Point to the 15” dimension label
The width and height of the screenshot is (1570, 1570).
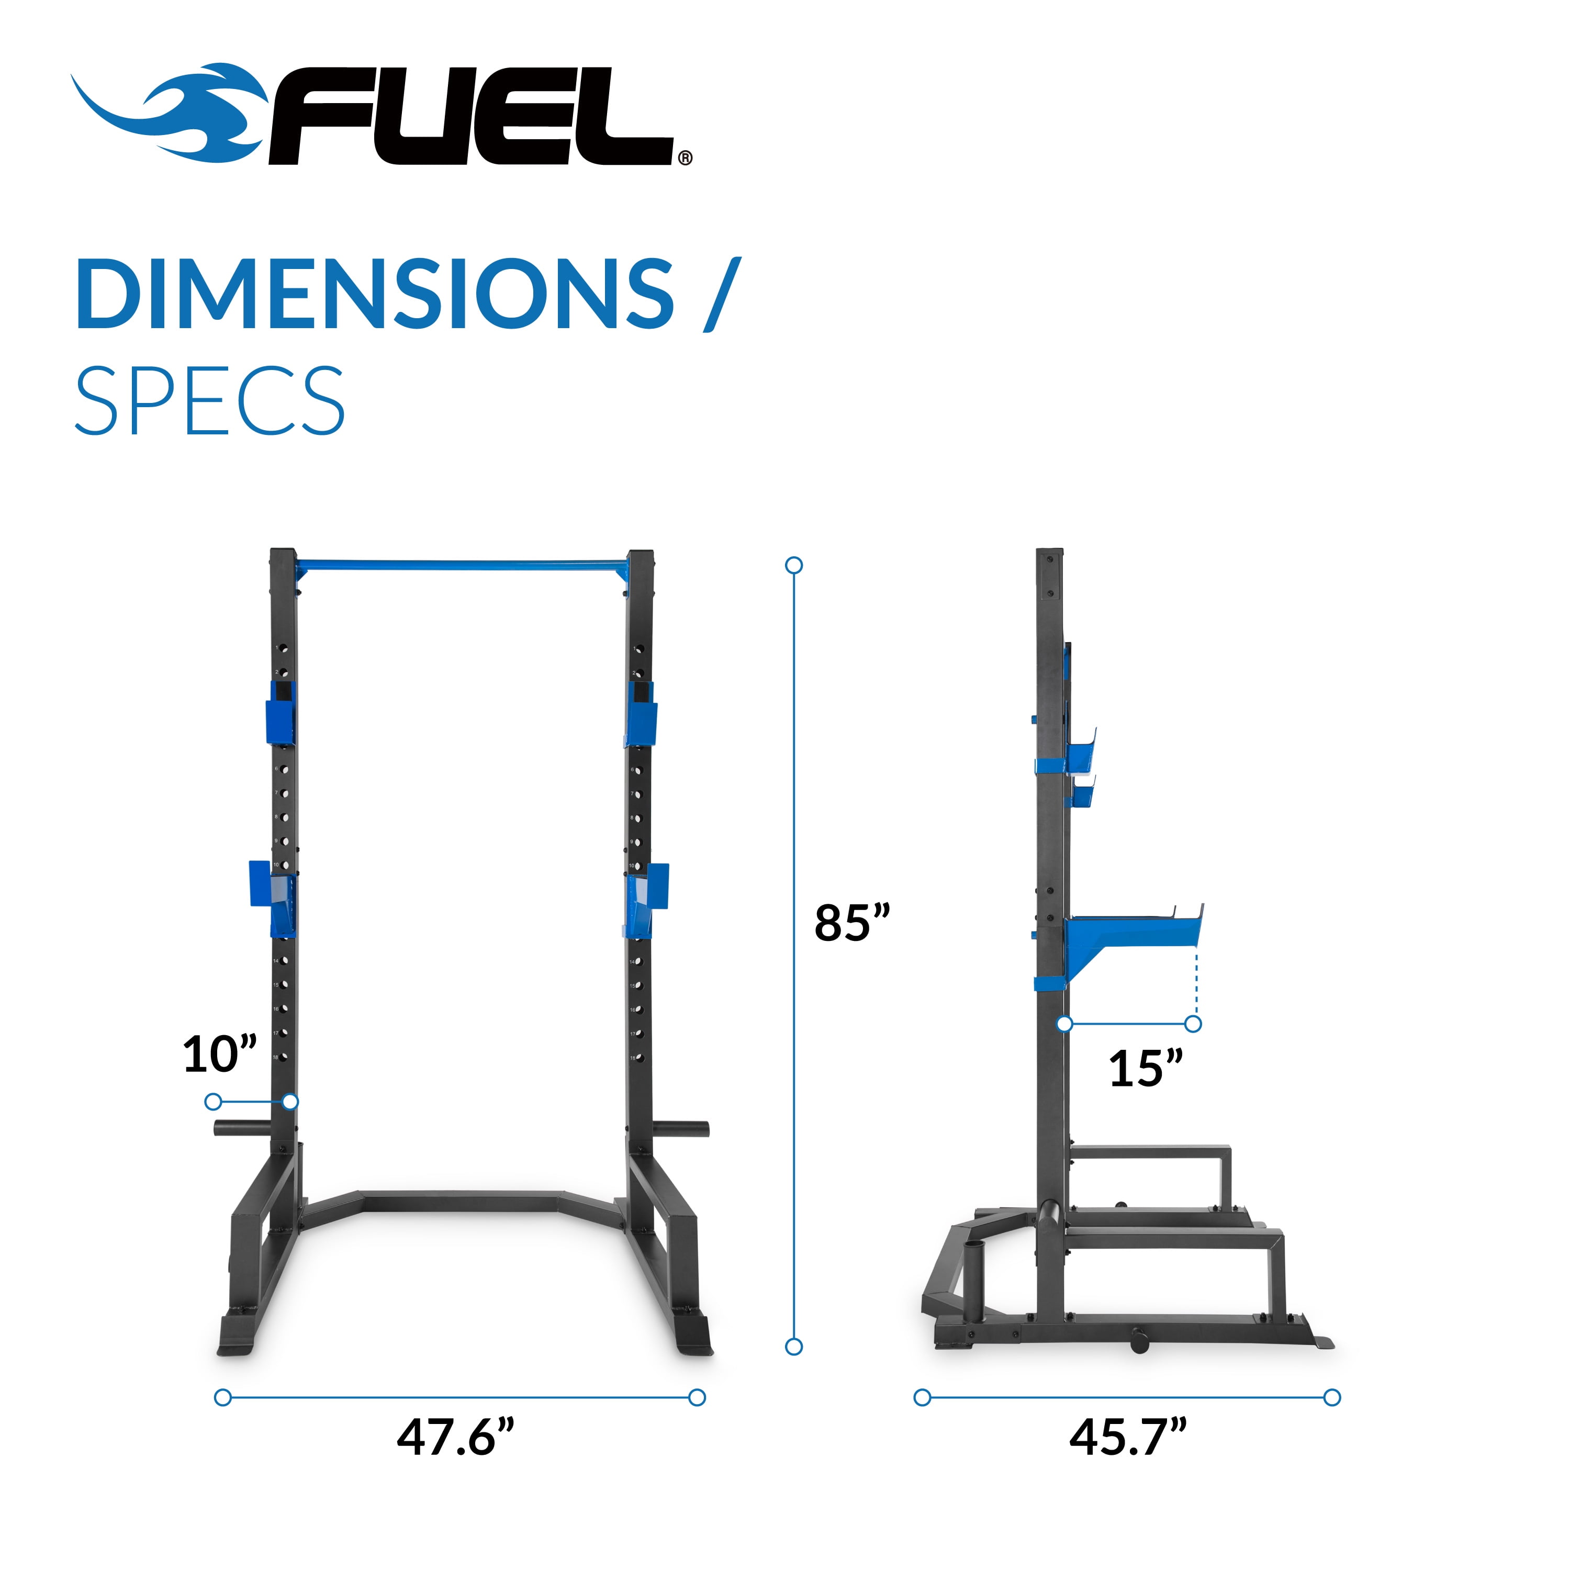click(x=1146, y=1068)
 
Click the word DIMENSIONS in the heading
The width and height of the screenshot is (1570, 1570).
click(x=375, y=294)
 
